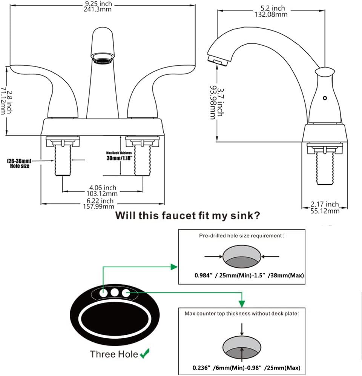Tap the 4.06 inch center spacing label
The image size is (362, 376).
coord(102,190)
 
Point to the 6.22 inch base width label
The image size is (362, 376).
coord(98,203)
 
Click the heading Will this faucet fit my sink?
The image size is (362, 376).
coord(187,216)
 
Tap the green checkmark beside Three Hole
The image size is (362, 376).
coord(144,354)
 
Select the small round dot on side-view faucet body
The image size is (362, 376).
coord(324,98)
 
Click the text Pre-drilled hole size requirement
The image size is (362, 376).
coord(241,235)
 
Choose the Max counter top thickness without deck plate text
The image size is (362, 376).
coord(241,313)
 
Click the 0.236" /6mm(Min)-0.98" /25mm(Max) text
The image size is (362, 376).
coord(241,367)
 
